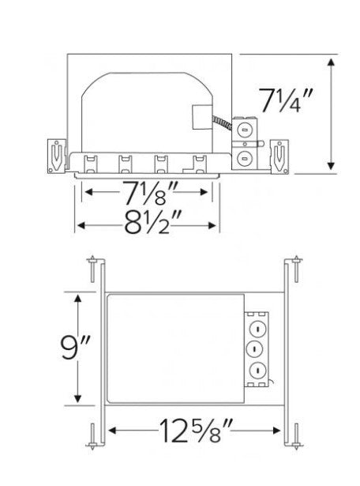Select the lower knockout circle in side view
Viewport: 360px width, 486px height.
(244, 159)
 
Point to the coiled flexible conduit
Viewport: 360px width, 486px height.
(223, 127)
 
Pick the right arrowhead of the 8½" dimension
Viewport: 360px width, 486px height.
(216, 224)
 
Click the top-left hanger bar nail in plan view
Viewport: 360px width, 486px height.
(93, 269)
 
